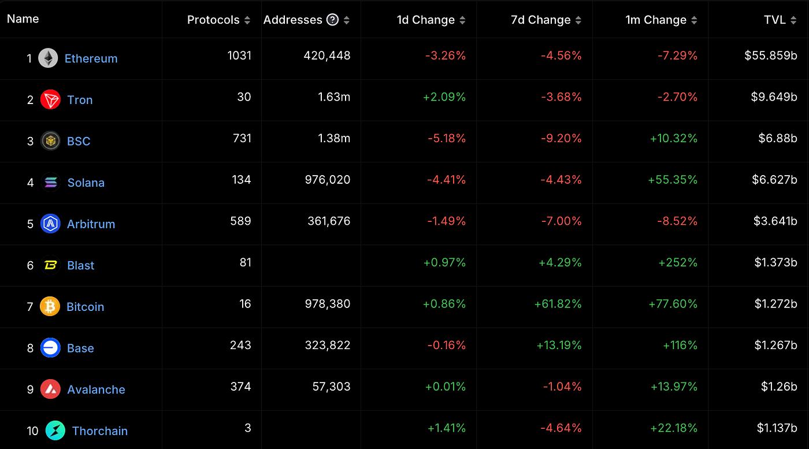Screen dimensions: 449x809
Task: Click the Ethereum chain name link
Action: (91, 58)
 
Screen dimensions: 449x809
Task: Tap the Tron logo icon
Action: (50, 100)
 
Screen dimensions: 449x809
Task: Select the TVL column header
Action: (774, 20)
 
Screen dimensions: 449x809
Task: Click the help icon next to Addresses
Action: (332, 20)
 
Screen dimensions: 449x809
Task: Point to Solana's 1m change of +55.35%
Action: (673, 180)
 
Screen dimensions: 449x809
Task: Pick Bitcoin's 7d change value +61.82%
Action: (558, 304)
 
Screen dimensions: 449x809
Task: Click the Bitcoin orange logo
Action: (50, 306)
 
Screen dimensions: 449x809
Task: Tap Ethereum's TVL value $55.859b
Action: (771, 55)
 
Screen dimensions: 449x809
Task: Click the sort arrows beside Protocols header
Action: (247, 20)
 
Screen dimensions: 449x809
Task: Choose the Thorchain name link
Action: (100, 431)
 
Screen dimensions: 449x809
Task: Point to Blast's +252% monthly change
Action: (678, 262)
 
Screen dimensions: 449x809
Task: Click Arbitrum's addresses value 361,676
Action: (329, 221)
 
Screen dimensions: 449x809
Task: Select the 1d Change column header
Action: (425, 20)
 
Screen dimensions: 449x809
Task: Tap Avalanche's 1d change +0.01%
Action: (445, 387)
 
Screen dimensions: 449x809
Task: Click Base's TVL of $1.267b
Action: (775, 346)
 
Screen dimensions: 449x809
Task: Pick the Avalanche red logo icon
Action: (50, 389)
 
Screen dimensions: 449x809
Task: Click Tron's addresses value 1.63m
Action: (334, 97)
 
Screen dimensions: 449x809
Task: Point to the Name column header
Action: (23, 19)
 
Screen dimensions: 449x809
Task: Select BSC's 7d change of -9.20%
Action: (561, 138)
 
